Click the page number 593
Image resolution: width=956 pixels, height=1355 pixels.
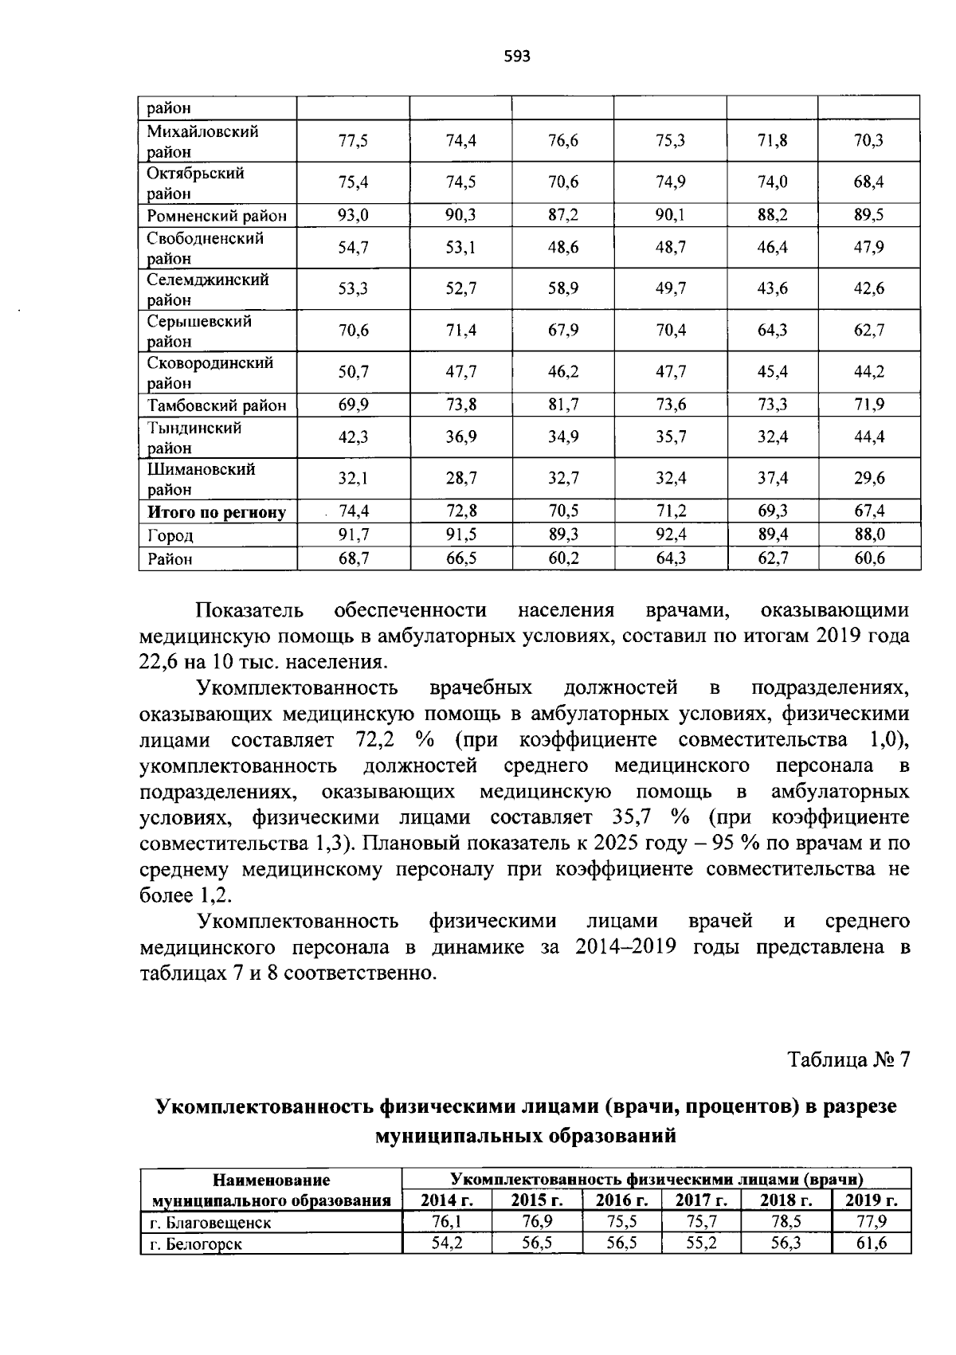(517, 57)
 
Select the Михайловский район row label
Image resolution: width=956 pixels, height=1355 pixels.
(202, 141)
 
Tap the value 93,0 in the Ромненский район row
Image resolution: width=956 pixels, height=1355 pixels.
(353, 215)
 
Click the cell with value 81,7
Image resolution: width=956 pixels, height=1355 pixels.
(563, 405)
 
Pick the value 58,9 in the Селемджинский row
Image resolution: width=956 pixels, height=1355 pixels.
(563, 289)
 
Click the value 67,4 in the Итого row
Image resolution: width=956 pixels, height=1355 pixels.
(869, 511)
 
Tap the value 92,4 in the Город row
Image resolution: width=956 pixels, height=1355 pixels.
(670, 535)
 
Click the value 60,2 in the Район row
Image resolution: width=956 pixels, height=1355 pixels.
(563, 558)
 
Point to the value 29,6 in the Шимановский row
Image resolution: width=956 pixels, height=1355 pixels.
(869, 478)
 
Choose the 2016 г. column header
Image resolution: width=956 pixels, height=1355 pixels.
(622, 1200)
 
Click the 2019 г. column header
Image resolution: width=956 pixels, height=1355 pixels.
(871, 1200)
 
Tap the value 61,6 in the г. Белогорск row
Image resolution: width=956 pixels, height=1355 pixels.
(872, 1243)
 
